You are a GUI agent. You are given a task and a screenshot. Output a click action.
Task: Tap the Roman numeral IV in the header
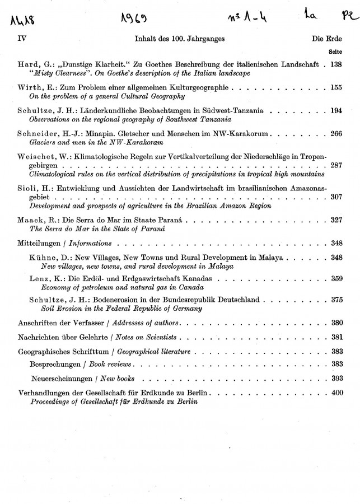pos(22,39)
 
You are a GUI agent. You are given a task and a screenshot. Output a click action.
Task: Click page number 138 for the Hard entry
pos(335,65)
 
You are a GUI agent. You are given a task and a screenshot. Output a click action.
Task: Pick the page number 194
pos(335,110)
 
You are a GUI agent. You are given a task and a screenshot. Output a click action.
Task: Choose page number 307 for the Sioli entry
pos(335,197)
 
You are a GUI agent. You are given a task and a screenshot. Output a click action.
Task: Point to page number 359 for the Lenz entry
pos(335,278)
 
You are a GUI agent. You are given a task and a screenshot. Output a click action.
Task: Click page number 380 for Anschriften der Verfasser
pos(336,323)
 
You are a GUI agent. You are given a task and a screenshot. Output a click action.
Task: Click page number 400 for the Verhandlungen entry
pos(336,393)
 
